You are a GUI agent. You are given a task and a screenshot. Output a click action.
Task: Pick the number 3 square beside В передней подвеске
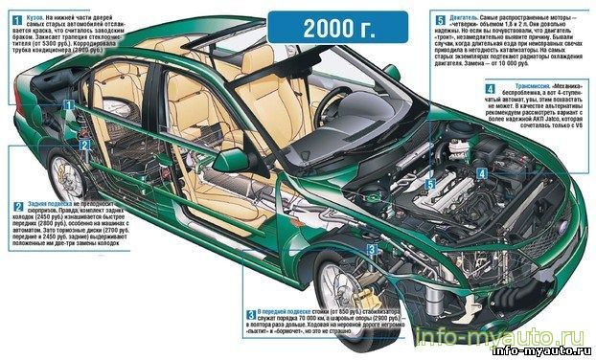(250, 314)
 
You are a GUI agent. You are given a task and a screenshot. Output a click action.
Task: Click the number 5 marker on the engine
(430, 183)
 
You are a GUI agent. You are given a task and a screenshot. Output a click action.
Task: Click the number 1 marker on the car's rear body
(68, 105)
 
